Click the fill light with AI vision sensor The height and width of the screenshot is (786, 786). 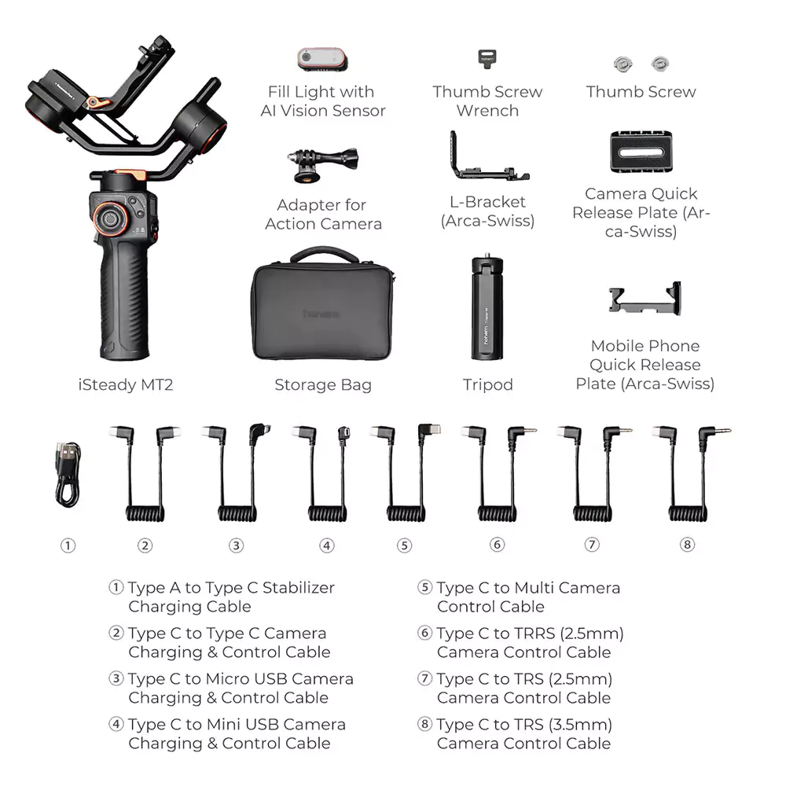pyautogui.click(x=322, y=59)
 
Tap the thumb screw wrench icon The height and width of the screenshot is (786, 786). pyautogui.click(x=487, y=58)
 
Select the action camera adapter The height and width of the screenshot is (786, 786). pyautogui.click(x=323, y=165)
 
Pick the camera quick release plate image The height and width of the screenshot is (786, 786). pyautogui.click(x=641, y=152)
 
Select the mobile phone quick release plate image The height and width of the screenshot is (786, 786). pyautogui.click(x=645, y=299)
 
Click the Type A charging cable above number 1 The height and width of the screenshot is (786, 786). pyautogui.click(x=68, y=474)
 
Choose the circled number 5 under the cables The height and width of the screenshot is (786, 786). pyautogui.click(x=405, y=545)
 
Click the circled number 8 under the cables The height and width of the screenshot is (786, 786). pyautogui.click(x=687, y=545)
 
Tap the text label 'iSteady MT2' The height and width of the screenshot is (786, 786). pyautogui.click(x=126, y=384)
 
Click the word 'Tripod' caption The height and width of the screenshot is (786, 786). pyautogui.click(x=488, y=384)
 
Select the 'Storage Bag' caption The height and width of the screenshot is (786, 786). pyautogui.click(x=323, y=384)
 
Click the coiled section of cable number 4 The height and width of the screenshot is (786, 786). pyautogui.click(x=327, y=513)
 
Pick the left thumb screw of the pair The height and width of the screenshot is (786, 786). pyautogui.click(x=623, y=64)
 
